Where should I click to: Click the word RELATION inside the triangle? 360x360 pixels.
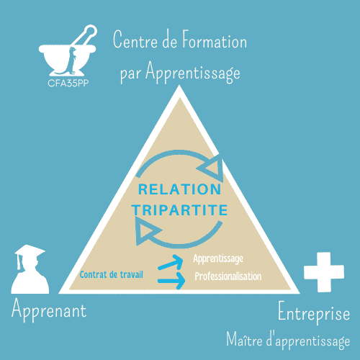[179, 190]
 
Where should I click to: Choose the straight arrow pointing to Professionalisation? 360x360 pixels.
[171, 282]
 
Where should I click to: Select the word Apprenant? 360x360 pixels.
[49, 310]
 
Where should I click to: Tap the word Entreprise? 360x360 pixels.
[314, 314]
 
